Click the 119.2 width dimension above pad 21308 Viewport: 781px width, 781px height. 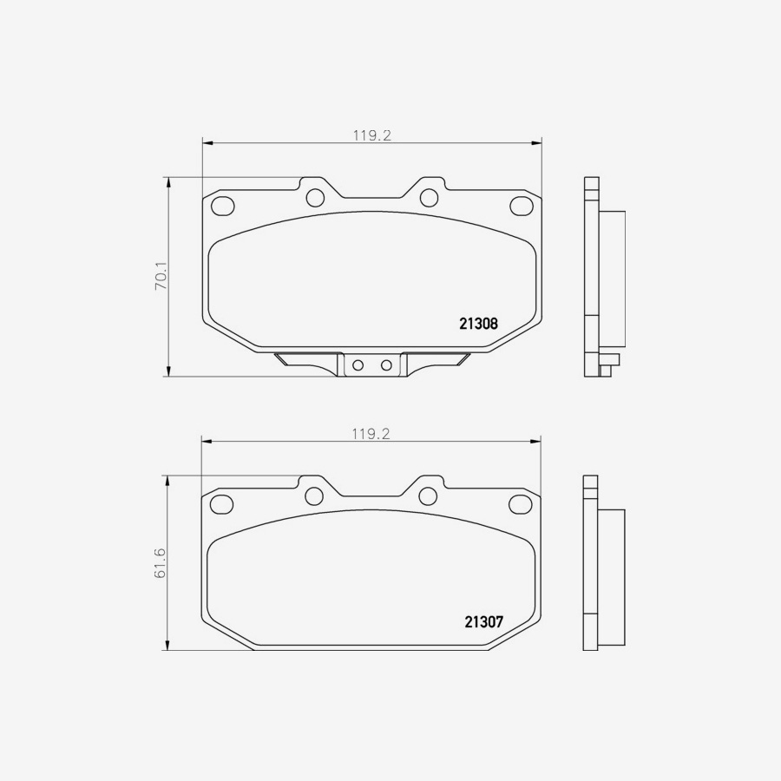tap(372, 135)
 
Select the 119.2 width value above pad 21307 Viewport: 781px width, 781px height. tap(372, 434)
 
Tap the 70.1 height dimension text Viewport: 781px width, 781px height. tap(161, 276)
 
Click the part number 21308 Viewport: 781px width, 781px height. tap(477, 324)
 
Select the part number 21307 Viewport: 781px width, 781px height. tap(483, 622)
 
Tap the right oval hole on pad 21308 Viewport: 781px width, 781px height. tap(521, 206)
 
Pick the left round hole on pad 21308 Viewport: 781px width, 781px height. tap(316, 197)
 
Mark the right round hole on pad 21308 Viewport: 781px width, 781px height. tap(429, 197)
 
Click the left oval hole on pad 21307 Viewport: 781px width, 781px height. tap(223, 503)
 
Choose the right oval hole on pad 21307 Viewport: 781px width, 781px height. tap(521, 503)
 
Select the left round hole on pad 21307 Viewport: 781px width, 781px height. tap(314, 496)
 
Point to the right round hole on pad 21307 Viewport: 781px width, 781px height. tap(428, 496)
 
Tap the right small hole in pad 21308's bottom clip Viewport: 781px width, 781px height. tap(386, 365)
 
